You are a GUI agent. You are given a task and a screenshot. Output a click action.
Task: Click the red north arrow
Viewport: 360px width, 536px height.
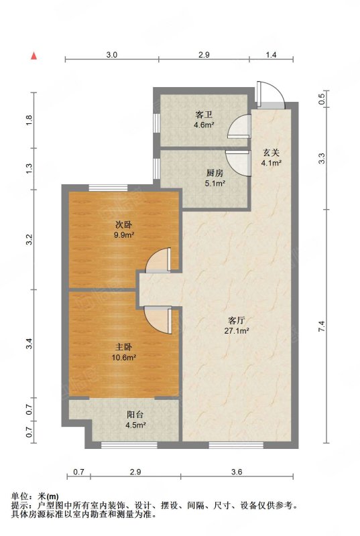(x=34, y=56)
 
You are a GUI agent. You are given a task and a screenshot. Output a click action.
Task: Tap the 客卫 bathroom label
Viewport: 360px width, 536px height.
(x=204, y=114)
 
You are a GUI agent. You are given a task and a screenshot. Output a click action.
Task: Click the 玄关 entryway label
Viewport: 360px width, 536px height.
(x=271, y=153)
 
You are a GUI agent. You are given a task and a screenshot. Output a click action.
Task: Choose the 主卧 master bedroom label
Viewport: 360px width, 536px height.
(x=123, y=347)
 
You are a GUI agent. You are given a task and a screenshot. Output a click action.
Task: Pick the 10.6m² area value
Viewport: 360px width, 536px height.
(x=125, y=358)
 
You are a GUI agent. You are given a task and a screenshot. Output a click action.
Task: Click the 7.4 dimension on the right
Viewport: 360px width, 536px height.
(x=321, y=326)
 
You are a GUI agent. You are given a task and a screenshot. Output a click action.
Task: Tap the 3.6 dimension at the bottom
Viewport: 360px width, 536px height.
(x=237, y=472)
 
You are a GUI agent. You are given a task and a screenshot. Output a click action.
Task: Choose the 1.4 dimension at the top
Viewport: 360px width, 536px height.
(x=271, y=54)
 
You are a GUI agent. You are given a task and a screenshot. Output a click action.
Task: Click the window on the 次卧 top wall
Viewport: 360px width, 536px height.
(x=109, y=188)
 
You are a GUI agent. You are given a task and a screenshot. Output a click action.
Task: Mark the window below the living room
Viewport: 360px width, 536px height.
(x=236, y=445)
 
